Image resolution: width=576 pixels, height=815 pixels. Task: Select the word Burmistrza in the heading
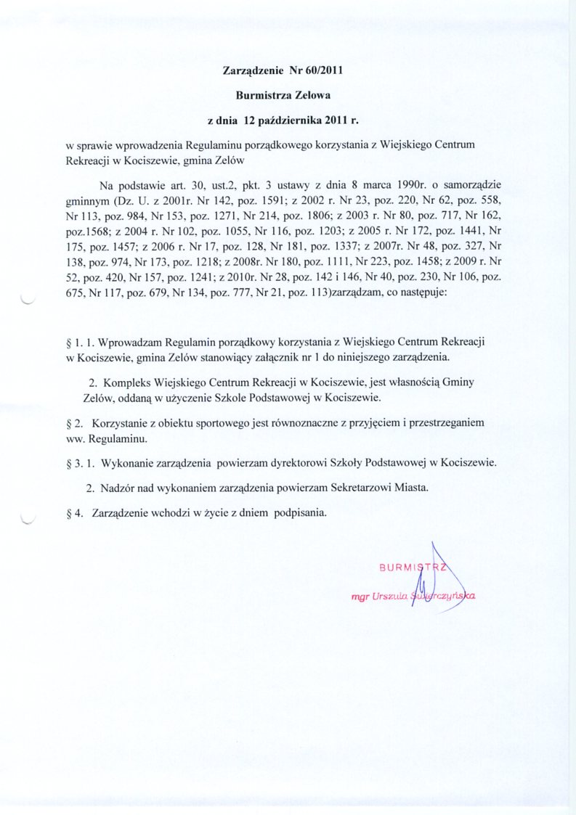[x=264, y=94]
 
